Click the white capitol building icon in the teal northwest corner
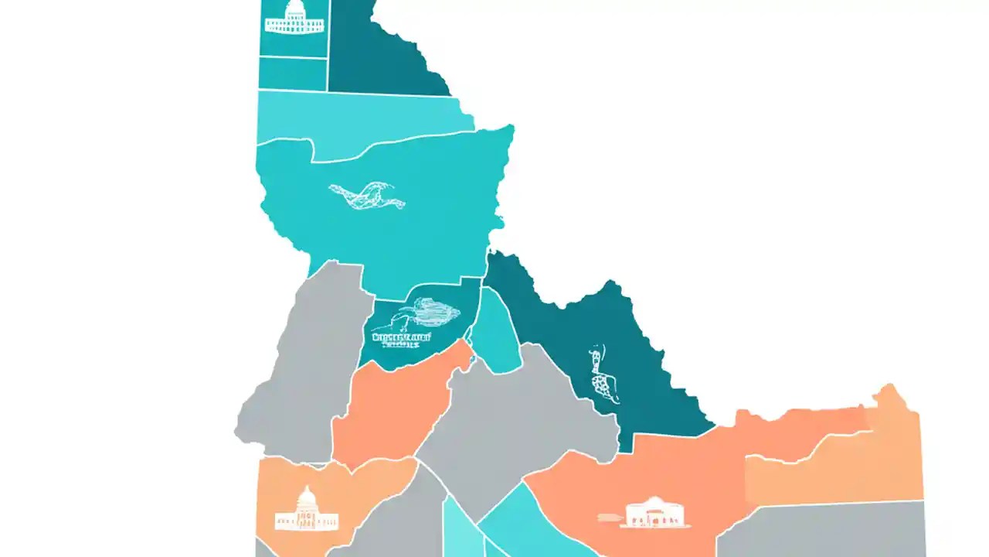coord(294,18)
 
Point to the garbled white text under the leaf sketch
coord(401,340)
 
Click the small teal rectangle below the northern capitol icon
coord(292,74)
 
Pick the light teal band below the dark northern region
coord(363,116)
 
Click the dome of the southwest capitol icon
coord(307,496)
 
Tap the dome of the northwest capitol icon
coord(295,8)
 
